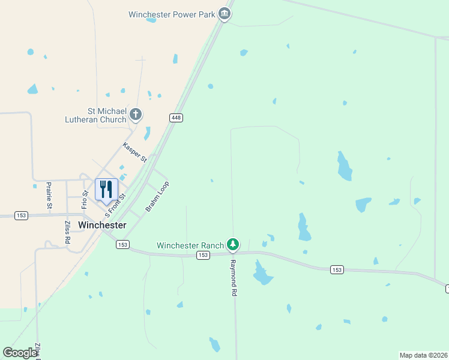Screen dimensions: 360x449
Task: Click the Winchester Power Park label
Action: coord(172,14)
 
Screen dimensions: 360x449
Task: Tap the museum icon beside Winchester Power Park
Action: coord(224,13)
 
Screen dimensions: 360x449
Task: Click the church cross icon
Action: coord(136,114)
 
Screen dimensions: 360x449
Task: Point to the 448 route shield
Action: coord(176,118)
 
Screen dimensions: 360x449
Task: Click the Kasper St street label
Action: coord(134,152)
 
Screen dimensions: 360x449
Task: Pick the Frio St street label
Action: coord(85,198)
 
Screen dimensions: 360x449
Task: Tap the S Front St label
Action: coord(115,205)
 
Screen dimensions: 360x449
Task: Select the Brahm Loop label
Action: coord(157,196)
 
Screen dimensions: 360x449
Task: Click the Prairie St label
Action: coord(49,196)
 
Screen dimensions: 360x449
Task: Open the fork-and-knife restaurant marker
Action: coord(106,190)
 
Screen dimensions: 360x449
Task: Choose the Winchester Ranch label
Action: coord(190,245)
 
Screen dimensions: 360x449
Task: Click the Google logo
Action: coord(19,352)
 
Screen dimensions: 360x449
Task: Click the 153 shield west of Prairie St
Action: coord(21,215)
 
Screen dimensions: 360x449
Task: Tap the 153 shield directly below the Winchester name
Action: coord(122,244)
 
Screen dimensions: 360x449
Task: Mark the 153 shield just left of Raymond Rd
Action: coord(203,256)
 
